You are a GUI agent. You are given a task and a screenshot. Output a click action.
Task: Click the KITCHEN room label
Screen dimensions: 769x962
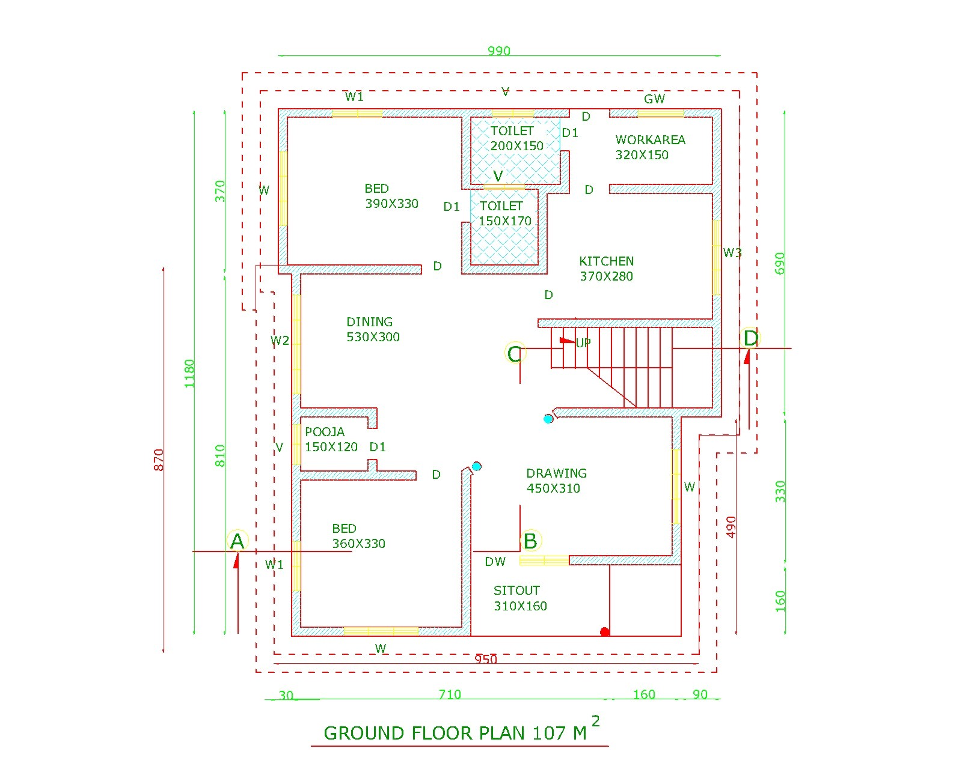606,261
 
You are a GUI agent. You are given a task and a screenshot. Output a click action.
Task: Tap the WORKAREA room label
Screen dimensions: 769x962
650,140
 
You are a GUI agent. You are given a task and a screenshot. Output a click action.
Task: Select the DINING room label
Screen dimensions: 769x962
369,322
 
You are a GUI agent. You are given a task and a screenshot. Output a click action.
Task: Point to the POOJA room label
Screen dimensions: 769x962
325,432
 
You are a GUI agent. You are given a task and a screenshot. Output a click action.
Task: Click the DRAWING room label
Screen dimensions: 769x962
556,473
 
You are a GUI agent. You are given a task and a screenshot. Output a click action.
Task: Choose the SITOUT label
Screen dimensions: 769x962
516,591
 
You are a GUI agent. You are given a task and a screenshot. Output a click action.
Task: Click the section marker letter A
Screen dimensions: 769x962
237,541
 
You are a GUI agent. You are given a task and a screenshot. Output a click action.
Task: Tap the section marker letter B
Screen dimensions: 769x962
530,541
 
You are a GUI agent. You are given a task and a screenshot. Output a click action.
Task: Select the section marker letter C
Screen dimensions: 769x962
514,354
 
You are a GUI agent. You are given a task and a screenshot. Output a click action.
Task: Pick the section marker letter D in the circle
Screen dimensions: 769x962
750,338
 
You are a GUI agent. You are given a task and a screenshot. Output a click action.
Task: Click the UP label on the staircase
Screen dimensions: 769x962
583,343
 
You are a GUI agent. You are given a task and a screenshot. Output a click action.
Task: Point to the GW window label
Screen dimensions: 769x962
654,99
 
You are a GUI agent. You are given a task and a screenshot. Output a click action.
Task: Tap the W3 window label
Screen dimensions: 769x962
732,253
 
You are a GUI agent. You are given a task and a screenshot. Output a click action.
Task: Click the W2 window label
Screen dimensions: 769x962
280,341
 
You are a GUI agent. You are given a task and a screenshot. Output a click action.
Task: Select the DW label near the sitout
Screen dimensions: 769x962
495,562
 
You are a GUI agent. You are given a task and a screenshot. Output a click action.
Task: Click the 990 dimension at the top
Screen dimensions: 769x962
499,51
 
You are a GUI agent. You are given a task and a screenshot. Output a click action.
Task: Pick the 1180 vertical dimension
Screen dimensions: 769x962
189,373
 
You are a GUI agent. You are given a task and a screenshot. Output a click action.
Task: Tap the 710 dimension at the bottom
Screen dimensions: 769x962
450,695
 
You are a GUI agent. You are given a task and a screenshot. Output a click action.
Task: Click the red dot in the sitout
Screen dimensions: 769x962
605,632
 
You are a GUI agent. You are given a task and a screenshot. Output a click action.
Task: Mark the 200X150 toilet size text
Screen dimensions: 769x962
516,146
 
